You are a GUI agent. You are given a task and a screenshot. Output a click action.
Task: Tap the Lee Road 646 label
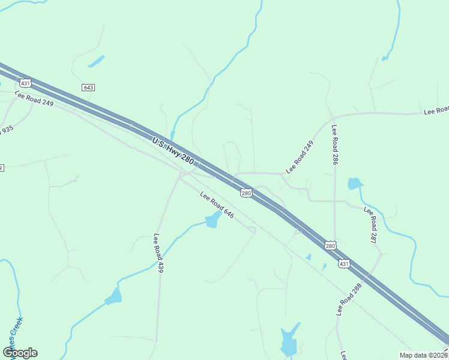coord(216,205)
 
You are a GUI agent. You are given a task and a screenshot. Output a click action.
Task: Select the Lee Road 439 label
coord(158,253)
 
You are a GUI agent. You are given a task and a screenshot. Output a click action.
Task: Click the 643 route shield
coord(88,88)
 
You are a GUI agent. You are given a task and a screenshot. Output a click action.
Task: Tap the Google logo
coord(20,353)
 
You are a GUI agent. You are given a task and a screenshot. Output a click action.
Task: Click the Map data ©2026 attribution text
coord(423,355)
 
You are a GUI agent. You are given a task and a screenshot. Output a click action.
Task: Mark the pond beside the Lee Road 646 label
coord(212,220)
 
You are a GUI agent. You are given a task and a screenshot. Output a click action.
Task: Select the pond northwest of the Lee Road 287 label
coord(355,184)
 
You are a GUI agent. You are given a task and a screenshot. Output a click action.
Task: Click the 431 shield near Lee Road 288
coord(343,263)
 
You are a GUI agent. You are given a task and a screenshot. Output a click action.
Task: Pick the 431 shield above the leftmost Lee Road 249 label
coord(24,82)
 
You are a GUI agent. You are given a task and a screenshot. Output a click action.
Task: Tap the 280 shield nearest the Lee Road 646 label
coord(246,193)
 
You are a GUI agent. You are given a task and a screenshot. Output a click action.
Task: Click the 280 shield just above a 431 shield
coord(330,245)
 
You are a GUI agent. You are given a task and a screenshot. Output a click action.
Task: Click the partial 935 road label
coord(6,130)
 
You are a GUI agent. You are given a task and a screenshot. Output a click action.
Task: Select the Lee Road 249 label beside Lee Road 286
coord(300,157)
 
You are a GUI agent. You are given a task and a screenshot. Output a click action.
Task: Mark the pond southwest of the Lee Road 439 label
coord(113,296)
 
